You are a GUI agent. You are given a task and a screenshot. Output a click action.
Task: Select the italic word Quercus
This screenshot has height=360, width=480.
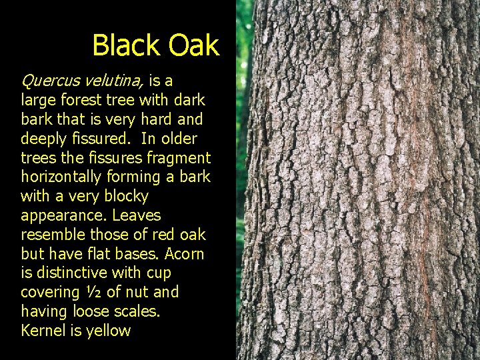pos(49,81)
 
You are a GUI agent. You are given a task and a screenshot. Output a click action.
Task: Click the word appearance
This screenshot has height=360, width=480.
pos(63,216)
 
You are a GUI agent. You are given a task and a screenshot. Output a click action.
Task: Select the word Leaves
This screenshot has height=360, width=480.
pos(137,216)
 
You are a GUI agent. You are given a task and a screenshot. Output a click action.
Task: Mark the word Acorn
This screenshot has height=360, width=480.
pos(183,254)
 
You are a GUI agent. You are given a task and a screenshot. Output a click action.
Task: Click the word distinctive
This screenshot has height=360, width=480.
pos(71,273)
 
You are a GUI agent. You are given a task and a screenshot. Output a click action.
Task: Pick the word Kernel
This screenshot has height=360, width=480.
pos(43,331)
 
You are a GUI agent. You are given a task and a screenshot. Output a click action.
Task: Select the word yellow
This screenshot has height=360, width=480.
pos(109,331)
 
